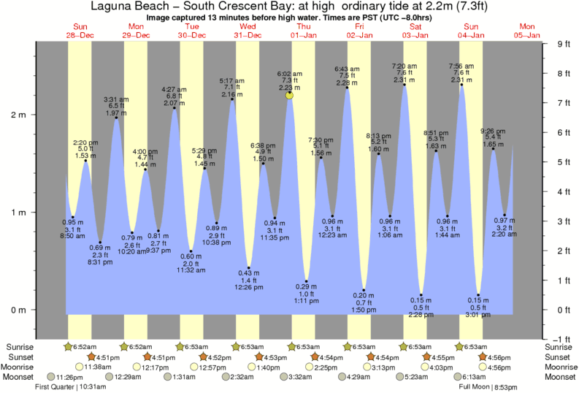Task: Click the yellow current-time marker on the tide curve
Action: (x=290, y=95)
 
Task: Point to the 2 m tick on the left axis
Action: (x=20, y=115)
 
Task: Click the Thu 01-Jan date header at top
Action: (x=302, y=31)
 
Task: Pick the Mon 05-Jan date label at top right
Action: (x=527, y=31)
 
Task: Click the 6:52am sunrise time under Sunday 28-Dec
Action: (x=88, y=346)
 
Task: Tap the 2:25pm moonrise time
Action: (x=325, y=367)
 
